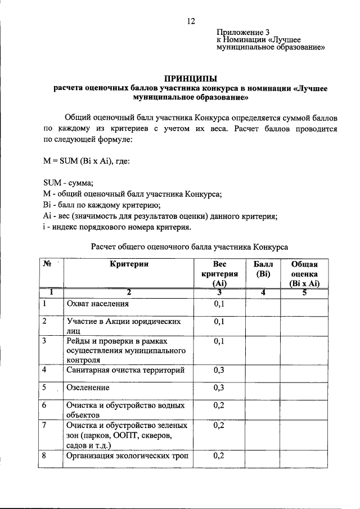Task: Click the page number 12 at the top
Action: (x=190, y=21)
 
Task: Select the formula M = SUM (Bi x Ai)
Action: (x=87, y=161)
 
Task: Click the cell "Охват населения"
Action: (x=97, y=304)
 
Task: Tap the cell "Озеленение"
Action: (x=88, y=388)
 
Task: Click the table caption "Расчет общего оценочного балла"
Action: (x=190, y=246)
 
